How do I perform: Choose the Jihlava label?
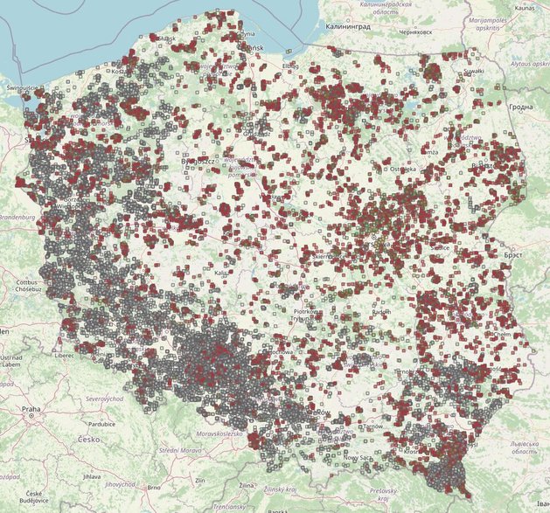(92, 476)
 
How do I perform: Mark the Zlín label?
(200, 481)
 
